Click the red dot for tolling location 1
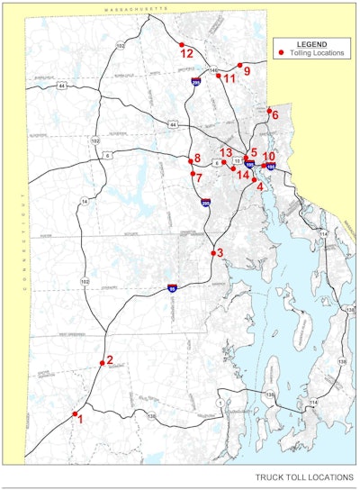[x=75, y=413]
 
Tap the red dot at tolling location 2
[x=102, y=363]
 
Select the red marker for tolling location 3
[x=213, y=253]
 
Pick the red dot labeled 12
[x=182, y=44]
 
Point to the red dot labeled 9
[x=239, y=65]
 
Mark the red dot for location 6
[x=269, y=111]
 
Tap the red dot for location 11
[x=219, y=76]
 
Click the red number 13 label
[x=226, y=152]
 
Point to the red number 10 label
[x=269, y=157]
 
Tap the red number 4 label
[x=261, y=186]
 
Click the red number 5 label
[x=255, y=152]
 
